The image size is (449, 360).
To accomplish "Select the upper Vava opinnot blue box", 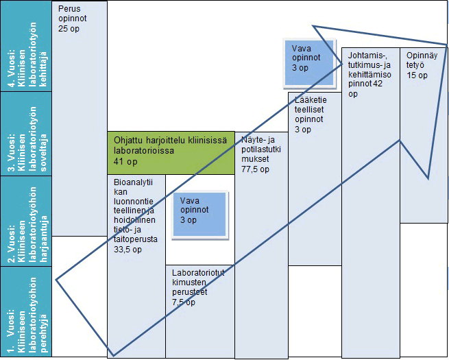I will [310, 62].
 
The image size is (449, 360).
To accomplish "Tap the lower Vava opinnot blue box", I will [198, 215].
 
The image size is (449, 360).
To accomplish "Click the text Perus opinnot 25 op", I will [73, 20].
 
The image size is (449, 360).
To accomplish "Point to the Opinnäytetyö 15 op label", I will [417, 65].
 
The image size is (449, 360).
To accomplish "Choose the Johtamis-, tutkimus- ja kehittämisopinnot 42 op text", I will [369, 73].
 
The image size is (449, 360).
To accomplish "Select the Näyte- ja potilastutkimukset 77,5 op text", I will [260, 154].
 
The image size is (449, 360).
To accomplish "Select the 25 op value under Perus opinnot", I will [69, 29].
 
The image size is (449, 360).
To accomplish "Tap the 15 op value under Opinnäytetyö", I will [417, 75].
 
